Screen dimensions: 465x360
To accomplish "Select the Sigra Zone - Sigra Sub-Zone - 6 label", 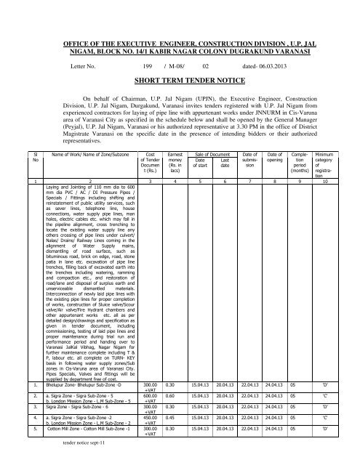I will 72,405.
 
